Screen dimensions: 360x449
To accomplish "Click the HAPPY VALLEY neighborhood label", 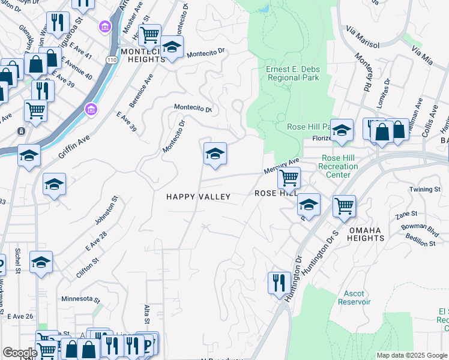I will click(198, 197).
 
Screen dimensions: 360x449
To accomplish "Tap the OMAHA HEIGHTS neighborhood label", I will click(365, 233).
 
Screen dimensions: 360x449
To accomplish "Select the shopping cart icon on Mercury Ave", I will click(289, 178).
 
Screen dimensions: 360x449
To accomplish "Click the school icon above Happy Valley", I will click(215, 154).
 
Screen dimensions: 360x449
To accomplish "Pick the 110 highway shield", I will click(110, 60).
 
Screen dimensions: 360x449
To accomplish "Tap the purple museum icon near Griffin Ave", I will click(91, 110).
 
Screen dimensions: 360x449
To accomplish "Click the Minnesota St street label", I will click(80, 298).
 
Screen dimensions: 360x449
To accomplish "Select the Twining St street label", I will click(425, 190).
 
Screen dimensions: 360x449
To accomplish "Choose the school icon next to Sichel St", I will click(41, 262).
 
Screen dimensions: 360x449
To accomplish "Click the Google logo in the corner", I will click(20, 353).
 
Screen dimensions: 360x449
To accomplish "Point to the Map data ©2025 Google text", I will click(411, 355).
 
